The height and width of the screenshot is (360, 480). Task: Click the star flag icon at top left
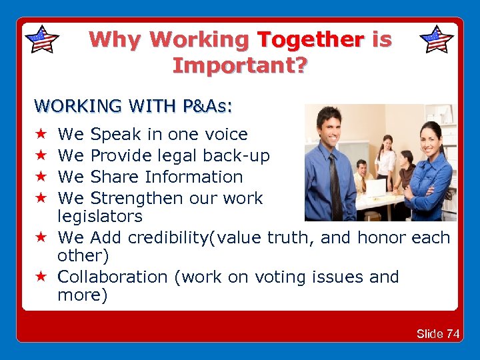pyautogui.click(x=41, y=39)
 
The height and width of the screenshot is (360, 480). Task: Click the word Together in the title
pyautogui.click(x=311, y=40)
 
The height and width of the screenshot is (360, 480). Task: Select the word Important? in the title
pyautogui.click(x=240, y=65)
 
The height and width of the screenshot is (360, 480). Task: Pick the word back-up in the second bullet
pyautogui.click(x=241, y=156)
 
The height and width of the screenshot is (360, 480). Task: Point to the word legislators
pyautogui.click(x=100, y=216)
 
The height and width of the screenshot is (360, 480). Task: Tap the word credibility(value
pyautogui.click(x=199, y=237)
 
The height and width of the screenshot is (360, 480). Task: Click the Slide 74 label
pyautogui.click(x=438, y=334)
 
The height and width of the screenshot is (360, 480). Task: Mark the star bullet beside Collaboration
pyautogui.click(x=40, y=277)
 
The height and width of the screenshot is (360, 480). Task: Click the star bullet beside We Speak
pyautogui.click(x=40, y=135)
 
